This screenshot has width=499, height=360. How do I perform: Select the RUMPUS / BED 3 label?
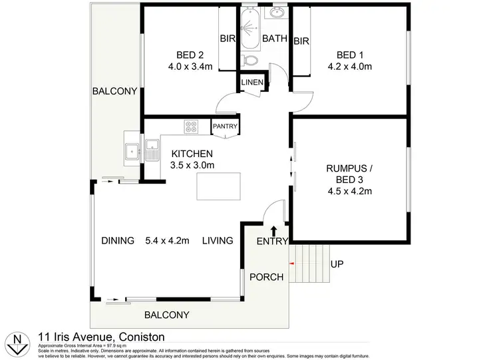[349, 168]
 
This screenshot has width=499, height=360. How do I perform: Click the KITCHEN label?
[192, 153]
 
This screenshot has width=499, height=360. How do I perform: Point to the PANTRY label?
[225, 126]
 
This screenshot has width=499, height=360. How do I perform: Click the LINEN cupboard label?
[253, 83]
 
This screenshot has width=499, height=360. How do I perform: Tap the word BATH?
[274, 39]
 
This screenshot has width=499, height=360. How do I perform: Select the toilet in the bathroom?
[251, 60]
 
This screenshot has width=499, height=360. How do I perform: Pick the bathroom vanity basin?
[277, 13]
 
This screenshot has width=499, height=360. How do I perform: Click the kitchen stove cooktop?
[192, 126]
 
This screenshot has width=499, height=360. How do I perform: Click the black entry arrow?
[273, 231]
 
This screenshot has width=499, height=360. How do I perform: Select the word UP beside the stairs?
[337, 264]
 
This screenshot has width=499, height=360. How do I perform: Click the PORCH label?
[266, 277]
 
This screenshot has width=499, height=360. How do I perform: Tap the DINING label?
[118, 240]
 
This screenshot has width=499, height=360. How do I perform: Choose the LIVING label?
[218, 240]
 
